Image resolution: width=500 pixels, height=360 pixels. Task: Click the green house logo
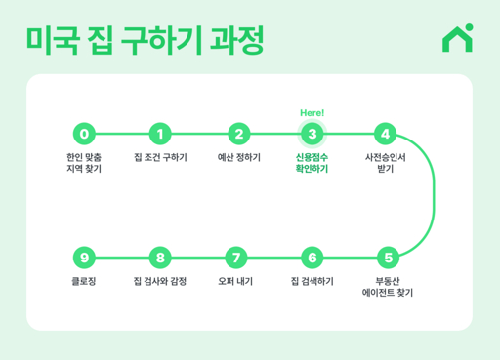click(456, 38)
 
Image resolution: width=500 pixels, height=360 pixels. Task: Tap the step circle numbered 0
click(85, 134)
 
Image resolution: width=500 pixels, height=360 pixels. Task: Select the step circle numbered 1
click(161, 134)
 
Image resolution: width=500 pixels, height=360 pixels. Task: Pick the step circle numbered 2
click(237, 134)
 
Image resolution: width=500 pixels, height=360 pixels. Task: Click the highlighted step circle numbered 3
click(312, 134)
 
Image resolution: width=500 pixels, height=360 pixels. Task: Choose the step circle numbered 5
click(388, 258)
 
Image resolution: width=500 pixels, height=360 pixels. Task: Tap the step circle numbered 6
click(312, 258)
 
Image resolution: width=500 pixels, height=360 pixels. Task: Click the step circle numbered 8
click(161, 258)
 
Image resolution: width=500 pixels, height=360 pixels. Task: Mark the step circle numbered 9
click(85, 258)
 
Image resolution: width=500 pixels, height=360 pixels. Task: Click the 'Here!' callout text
click(312, 112)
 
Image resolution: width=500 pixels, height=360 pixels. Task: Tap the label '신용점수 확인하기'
click(312, 162)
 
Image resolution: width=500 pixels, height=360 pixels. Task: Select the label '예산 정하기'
click(238, 156)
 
